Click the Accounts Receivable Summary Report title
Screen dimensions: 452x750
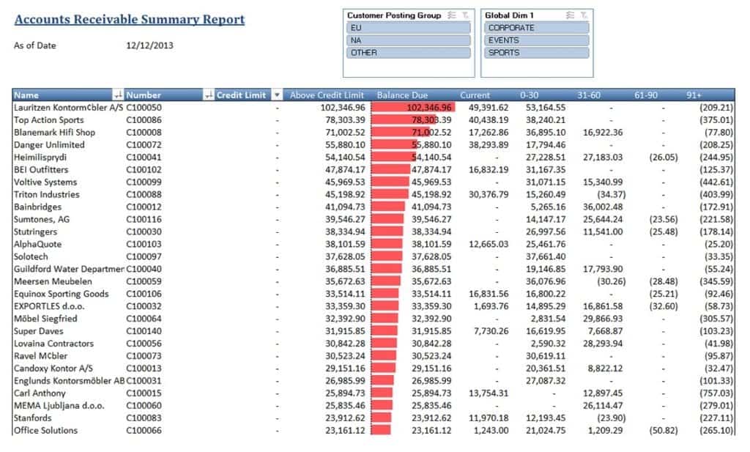tap(130, 20)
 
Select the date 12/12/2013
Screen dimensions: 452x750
tap(150, 45)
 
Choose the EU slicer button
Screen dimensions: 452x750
tap(408, 28)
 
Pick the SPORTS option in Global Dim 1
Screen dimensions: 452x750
tap(537, 53)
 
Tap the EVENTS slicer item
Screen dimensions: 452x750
tap(537, 40)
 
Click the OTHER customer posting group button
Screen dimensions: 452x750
tap(408, 53)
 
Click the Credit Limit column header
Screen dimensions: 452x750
tap(241, 95)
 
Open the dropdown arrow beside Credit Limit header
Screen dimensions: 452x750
tap(277, 95)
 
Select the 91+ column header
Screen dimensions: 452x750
tap(694, 95)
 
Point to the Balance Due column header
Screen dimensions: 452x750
tap(402, 95)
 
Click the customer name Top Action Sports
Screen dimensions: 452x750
tap(49, 120)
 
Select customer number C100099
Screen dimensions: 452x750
tap(144, 182)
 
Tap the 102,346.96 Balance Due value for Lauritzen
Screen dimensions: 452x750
tap(430, 108)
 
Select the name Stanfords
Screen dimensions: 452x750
tap(33, 418)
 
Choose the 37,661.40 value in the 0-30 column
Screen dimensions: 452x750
tap(546, 256)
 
